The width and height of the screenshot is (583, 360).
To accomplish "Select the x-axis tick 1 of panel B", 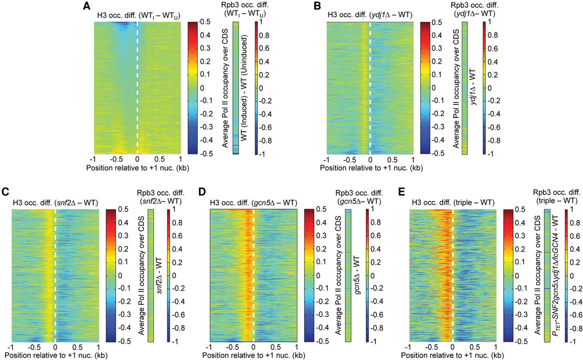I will [413, 159].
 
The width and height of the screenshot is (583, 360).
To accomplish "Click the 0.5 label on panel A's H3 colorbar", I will [205, 22].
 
